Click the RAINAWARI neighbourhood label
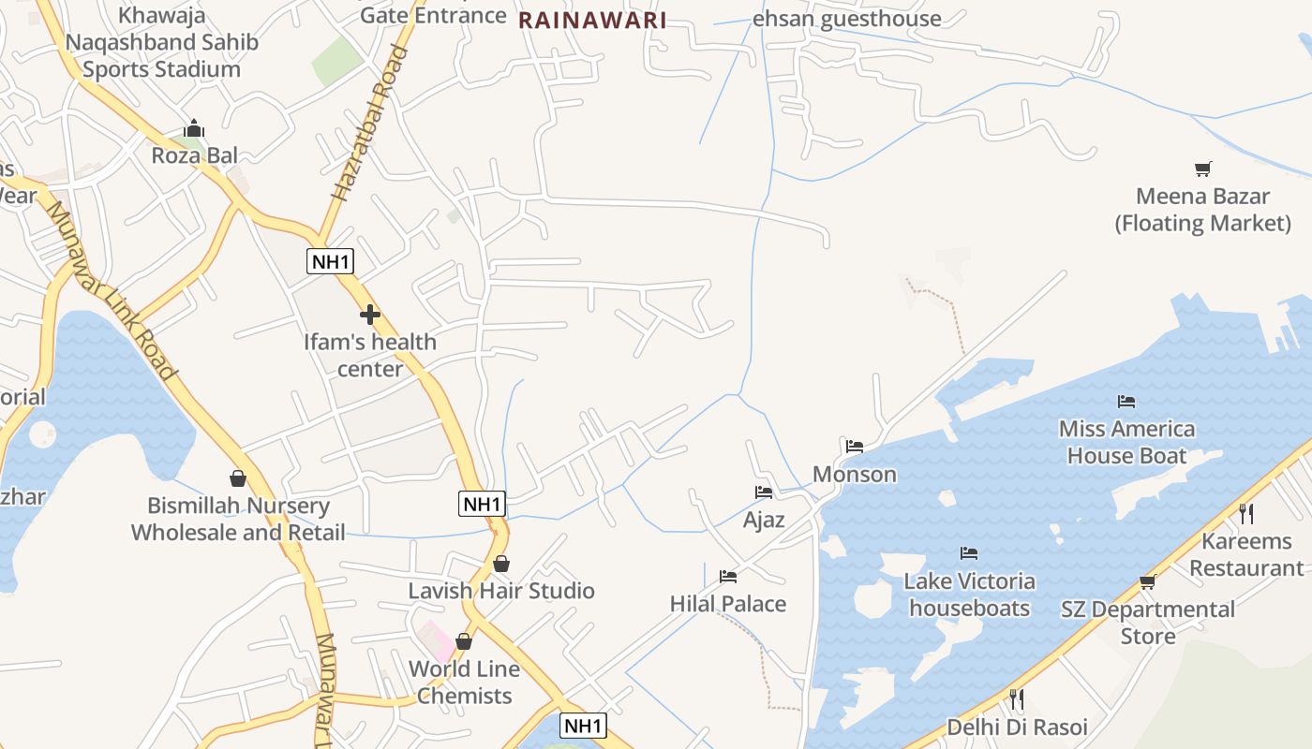pos(592,21)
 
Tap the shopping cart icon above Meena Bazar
pos(1203,169)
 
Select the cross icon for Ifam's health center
pos(370,315)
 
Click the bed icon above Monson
pos(855,447)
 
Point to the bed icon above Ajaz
pos(764,492)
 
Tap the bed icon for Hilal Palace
pos(728,576)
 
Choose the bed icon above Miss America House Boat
pos(1126,402)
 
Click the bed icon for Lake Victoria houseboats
pos(969,553)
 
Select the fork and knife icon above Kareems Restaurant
pos(1246,513)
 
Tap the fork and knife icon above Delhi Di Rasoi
pos(1017,698)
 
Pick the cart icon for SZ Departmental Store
pos(1148,581)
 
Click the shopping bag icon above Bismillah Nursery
pos(238,478)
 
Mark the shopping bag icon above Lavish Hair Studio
pos(501,564)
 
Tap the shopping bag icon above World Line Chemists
pos(464,641)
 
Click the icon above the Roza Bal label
pos(194,128)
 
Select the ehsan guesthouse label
pos(847,19)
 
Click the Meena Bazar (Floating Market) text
pos(1203,210)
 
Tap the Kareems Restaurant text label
pos(1246,554)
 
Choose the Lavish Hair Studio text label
pos(501,591)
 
